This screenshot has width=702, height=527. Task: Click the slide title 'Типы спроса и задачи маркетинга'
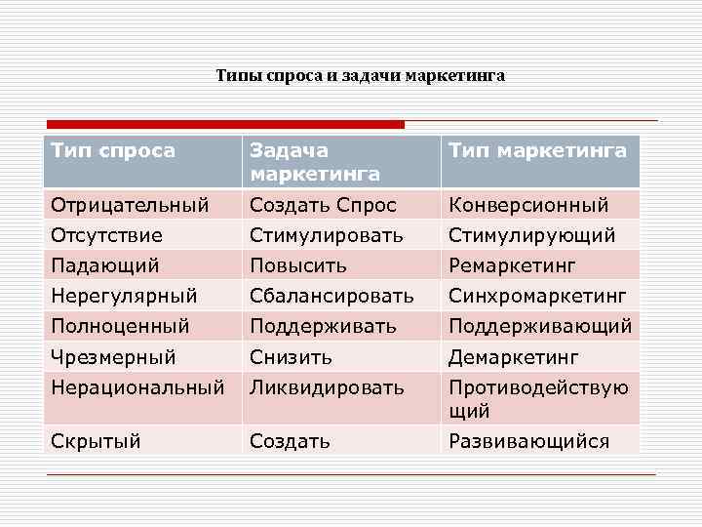[x=361, y=75]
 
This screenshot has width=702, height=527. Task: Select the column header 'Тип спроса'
[x=113, y=150]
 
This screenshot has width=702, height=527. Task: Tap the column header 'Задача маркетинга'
[x=315, y=161]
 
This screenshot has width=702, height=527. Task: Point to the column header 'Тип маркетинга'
[x=537, y=150]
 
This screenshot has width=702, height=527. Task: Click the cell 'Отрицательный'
[x=130, y=205]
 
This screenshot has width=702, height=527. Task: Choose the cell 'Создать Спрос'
[x=324, y=205]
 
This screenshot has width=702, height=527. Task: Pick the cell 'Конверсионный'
[x=528, y=205]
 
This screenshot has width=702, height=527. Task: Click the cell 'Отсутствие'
[x=107, y=235]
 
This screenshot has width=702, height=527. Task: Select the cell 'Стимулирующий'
[x=531, y=235]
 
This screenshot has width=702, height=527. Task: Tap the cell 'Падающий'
[x=105, y=264]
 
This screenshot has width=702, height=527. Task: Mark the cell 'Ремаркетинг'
[x=512, y=264]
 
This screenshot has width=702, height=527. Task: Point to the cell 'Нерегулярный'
[x=124, y=295]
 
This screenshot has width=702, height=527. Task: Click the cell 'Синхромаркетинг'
[x=537, y=295]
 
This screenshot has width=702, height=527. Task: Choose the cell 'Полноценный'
[x=120, y=325]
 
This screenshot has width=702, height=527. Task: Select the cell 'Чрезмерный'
[x=113, y=356]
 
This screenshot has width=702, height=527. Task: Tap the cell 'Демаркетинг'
[x=514, y=356]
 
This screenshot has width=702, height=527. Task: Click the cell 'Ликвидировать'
[x=327, y=387]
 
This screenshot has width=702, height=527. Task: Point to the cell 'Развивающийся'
[x=528, y=441]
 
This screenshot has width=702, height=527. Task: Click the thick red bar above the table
[x=224, y=125]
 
